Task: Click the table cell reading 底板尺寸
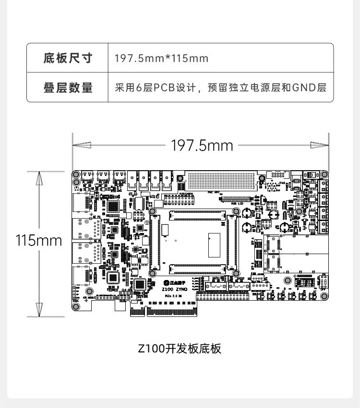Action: [x=67, y=58]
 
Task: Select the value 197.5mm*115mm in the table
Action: [x=162, y=58]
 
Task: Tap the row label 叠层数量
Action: [x=67, y=88]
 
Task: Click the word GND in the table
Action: [x=304, y=88]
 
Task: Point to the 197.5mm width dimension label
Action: [x=202, y=145]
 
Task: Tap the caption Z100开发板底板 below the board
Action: [x=180, y=349]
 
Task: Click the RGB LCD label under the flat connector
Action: [x=239, y=203]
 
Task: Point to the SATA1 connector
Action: [x=216, y=285]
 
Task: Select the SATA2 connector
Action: [x=239, y=285]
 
